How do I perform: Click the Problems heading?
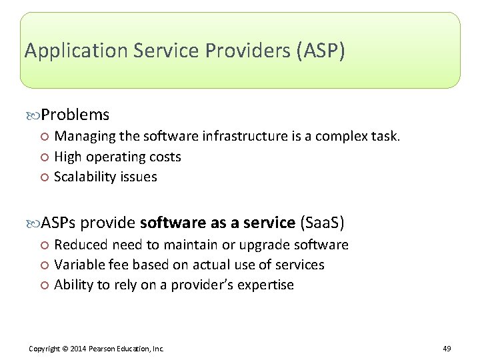point(75,115)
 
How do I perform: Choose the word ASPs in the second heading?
point(63,222)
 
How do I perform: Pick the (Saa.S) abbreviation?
point(323,222)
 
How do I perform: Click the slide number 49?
point(447,349)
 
